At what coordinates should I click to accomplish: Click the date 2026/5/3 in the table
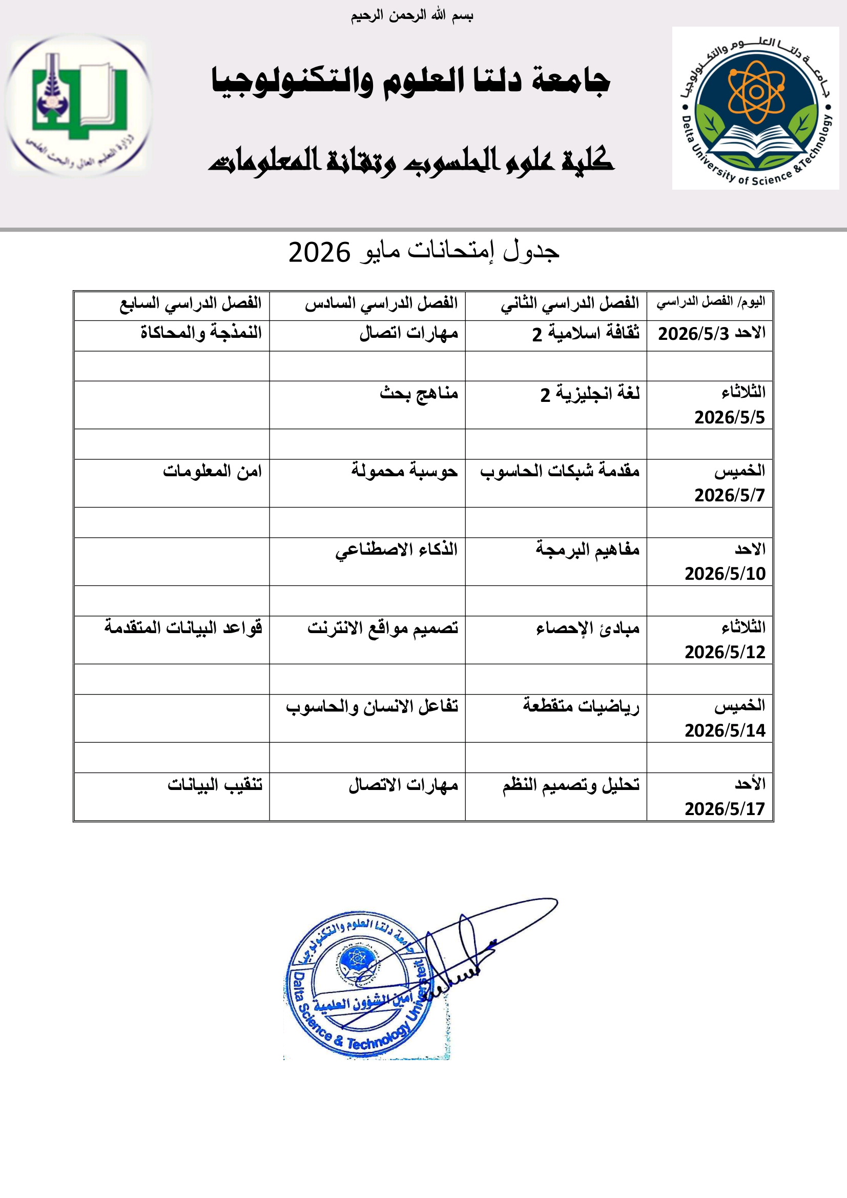tap(693, 334)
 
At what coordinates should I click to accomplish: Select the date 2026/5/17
tap(725, 809)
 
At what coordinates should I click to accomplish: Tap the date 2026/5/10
tap(725, 574)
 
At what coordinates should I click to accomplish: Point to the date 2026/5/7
tap(729, 495)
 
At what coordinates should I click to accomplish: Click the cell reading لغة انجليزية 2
tap(589, 393)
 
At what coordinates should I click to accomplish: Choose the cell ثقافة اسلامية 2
tap(585, 333)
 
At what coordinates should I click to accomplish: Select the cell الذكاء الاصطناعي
tap(396, 550)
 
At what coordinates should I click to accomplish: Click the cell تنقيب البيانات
tap(214, 785)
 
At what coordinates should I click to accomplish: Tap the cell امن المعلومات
tap(212, 471)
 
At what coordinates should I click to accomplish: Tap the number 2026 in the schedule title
tap(319, 253)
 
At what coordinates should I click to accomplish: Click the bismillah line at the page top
tap(412, 16)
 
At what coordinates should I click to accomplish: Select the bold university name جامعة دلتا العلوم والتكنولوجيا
tap(410, 82)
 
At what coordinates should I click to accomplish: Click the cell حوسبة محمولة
tap(404, 471)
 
